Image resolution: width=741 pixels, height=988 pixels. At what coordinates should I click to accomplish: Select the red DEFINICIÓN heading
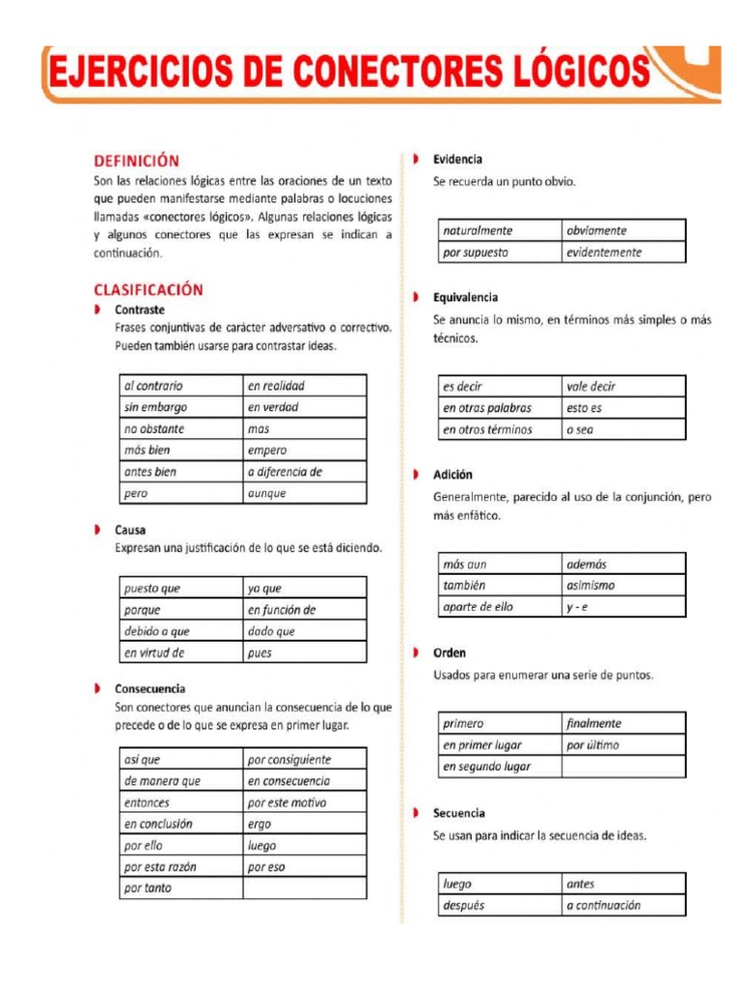(136, 161)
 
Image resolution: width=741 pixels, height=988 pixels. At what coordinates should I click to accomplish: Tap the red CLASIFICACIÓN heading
(149, 288)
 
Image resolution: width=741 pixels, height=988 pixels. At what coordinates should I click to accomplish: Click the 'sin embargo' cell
(180, 407)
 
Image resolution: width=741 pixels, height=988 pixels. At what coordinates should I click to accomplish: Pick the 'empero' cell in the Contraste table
(304, 451)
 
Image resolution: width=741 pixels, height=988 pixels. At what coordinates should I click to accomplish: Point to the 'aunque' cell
(304, 493)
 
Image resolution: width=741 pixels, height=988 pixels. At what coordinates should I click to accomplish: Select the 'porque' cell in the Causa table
(180, 610)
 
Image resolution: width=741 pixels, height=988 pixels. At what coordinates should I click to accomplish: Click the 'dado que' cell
(304, 631)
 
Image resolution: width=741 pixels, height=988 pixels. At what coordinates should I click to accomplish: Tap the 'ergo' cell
(304, 824)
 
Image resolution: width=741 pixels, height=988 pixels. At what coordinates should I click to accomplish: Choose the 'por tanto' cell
(180, 888)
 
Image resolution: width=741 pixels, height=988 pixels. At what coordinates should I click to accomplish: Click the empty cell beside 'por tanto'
(304, 888)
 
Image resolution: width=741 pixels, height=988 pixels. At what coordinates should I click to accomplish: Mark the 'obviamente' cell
(623, 231)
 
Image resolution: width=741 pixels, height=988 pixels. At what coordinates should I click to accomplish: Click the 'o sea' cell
(623, 429)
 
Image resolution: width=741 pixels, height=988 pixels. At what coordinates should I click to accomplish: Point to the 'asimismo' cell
(623, 585)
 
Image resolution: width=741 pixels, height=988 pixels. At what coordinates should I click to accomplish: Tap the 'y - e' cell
(623, 607)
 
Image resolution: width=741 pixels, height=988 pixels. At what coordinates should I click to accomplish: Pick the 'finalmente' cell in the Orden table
(623, 723)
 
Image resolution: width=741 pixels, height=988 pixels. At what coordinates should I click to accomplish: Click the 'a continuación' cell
(623, 905)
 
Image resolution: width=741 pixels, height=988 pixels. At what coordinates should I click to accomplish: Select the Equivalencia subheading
(465, 297)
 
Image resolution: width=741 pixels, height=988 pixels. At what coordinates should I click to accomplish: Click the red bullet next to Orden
(415, 653)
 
